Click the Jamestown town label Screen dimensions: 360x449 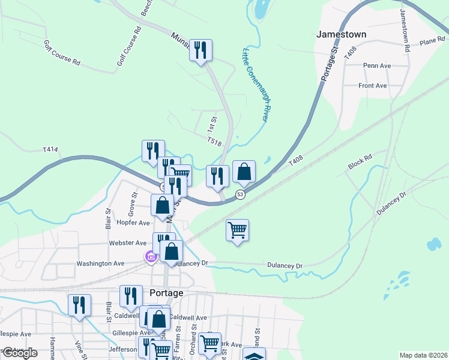pyautogui.click(x=342, y=35)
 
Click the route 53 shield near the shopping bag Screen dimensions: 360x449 pyautogui.click(x=240, y=194)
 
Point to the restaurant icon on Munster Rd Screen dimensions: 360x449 pyautogui.click(x=201, y=50)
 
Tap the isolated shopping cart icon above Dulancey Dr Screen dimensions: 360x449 pyautogui.click(x=238, y=230)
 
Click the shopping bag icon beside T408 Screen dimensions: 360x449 pyautogui.click(x=244, y=172)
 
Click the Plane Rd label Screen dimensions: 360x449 pyautogui.click(x=432, y=42)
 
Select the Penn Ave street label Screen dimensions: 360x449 pyautogui.click(x=377, y=65)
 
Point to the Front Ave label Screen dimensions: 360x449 pyautogui.click(x=373, y=86)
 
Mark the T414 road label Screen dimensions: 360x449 pyautogui.click(x=50, y=149)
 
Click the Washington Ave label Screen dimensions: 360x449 pyautogui.click(x=100, y=263)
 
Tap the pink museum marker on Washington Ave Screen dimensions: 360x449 pyautogui.click(x=151, y=257)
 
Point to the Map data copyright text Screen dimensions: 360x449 pyautogui.click(x=423, y=355)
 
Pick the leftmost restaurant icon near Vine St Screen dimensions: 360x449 pyautogui.click(x=79, y=305)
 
